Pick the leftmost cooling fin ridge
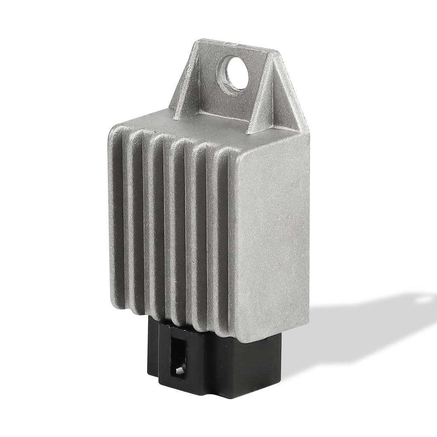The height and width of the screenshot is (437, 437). point(116,213)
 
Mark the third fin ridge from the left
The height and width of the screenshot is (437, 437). point(158,222)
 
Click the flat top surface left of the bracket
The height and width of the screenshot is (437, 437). point(141,122)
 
